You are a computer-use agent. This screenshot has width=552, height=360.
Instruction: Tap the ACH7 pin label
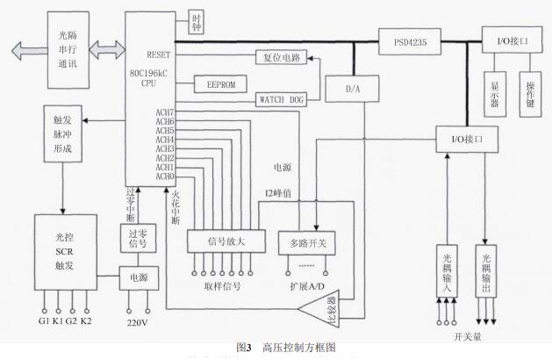[x=165, y=112]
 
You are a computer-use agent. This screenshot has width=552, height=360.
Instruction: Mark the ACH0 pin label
[x=165, y=176]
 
